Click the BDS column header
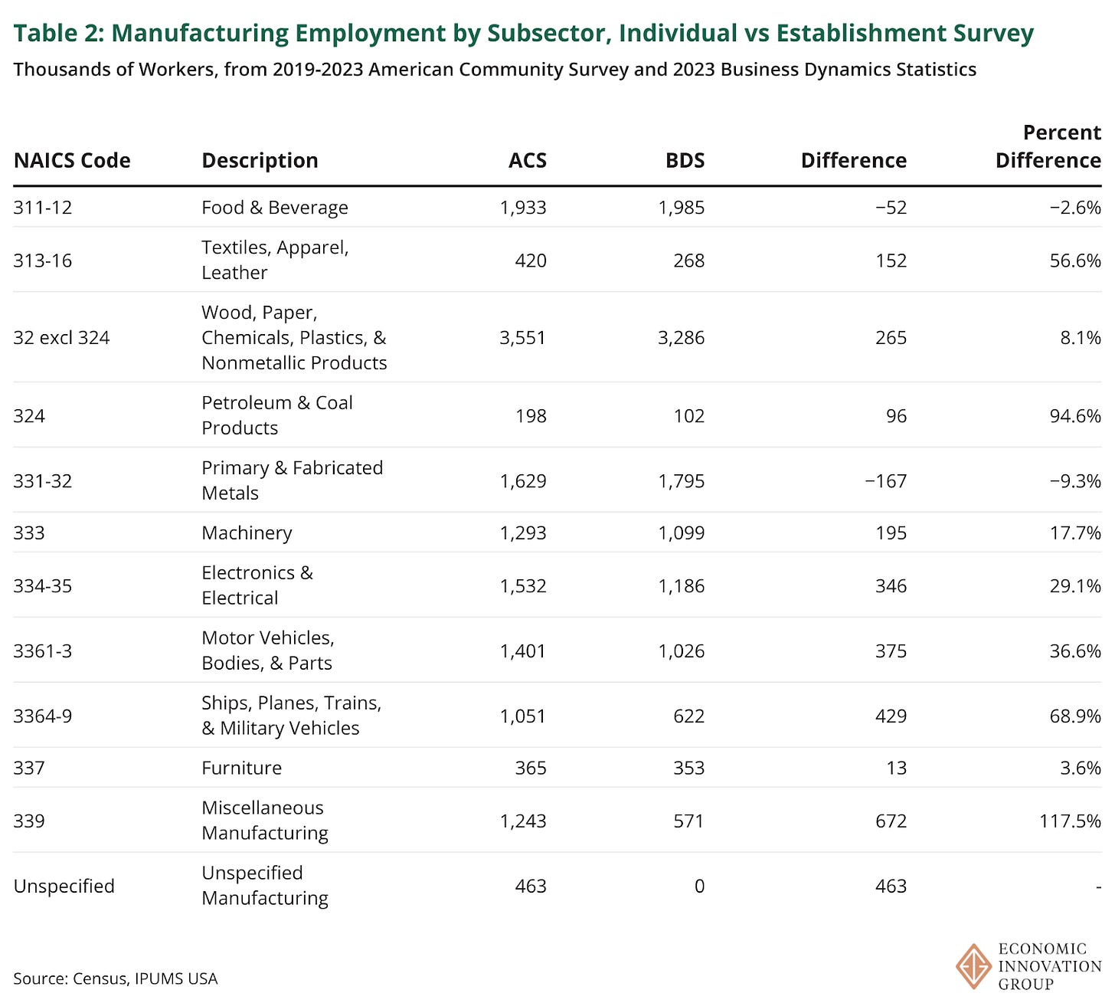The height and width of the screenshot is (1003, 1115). (x=685, y=160)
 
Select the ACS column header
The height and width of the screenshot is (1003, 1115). (x=528, y=160)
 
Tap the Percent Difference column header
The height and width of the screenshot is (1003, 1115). (x=1048, y=146)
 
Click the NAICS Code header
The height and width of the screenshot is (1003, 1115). (x=72, y=160)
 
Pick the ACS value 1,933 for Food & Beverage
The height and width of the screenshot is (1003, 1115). (x=523, y=208)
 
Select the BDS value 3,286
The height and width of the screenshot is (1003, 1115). (x=681, y=338)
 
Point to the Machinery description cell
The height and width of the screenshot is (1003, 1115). (x=247, y=533)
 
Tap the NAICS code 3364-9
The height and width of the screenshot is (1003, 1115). (x=43, y=716)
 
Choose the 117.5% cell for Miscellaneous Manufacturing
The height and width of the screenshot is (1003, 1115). (x=1071, y=821)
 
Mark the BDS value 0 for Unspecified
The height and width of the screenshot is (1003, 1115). (x=698, y=887)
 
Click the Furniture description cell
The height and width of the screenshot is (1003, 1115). (x=241, y=768)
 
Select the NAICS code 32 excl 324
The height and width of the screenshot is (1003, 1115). (x=61, y=338)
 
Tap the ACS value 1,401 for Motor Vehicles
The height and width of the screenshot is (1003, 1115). (x=523, y=651)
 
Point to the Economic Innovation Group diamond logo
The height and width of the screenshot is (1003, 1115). (x=974, y=967)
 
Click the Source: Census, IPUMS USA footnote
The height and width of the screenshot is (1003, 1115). (x=116, y=978)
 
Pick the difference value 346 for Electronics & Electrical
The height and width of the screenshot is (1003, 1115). (x=891, y=586)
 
